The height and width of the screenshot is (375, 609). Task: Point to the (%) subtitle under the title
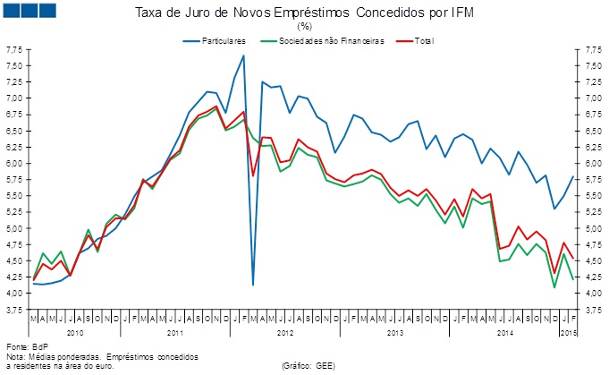click(x=304, y=27)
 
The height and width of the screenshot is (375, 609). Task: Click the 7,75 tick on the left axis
click(x=15, y=51)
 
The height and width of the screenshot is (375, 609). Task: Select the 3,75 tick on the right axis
click(x=593, y=310)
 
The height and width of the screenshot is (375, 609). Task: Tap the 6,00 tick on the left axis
click(x=15, y=164)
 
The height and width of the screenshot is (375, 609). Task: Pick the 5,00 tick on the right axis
click(x=593, y=229)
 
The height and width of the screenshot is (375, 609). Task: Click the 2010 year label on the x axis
click(x=75, y=332)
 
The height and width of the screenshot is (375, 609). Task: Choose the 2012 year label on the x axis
click(x=285, y=332)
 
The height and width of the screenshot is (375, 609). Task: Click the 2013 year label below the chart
click(x=395, y=332)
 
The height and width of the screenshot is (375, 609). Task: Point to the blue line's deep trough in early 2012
click(x=253, y=285)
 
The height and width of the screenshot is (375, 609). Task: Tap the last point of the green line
click(x=572, y=280)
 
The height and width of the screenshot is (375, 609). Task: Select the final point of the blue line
click(x=572, y=176)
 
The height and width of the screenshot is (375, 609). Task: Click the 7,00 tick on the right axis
click(x=593, y=98)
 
